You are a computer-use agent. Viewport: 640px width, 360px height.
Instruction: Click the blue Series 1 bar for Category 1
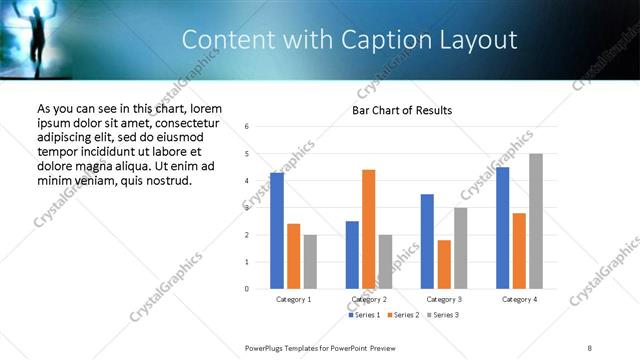(x=277, y=231)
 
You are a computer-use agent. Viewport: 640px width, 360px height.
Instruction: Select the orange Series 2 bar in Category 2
(x=368, y=229)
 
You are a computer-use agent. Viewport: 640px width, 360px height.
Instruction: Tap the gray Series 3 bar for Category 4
(x=536, y=221)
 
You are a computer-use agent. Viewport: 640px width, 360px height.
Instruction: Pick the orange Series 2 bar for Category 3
(x=444, y=264)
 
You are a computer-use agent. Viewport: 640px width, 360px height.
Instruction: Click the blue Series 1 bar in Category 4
(x=502, y=228)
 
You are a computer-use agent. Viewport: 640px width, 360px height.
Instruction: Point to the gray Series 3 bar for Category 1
(x=310, y=262)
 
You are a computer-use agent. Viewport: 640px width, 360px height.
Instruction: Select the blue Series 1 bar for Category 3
(x=427, y=241)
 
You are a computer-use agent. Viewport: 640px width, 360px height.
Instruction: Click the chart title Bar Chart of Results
(x=402, y=110)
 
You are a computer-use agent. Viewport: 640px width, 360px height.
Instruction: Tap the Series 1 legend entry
(x=365, y=315)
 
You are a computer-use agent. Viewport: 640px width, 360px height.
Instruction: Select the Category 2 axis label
(x=369, y=299)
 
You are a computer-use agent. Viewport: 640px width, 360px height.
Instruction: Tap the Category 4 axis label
(x=519, y=299)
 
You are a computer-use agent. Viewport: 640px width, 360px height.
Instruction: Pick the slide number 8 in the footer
(x=590, y=347)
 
